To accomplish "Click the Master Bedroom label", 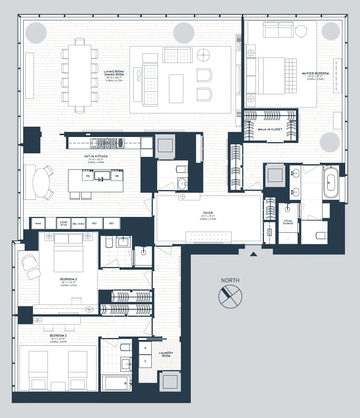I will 315,73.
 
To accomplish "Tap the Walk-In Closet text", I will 270,129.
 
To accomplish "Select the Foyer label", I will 208,213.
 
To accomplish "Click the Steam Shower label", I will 287,222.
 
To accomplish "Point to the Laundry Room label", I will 166,354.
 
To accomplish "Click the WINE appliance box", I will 38,223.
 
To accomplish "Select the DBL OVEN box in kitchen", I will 78,223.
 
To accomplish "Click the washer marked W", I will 145,348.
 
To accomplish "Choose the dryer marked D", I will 145,361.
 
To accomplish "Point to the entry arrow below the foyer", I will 253,254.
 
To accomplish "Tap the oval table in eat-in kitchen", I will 41,183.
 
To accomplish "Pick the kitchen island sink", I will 101,175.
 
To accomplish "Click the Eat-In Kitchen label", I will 96,156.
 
